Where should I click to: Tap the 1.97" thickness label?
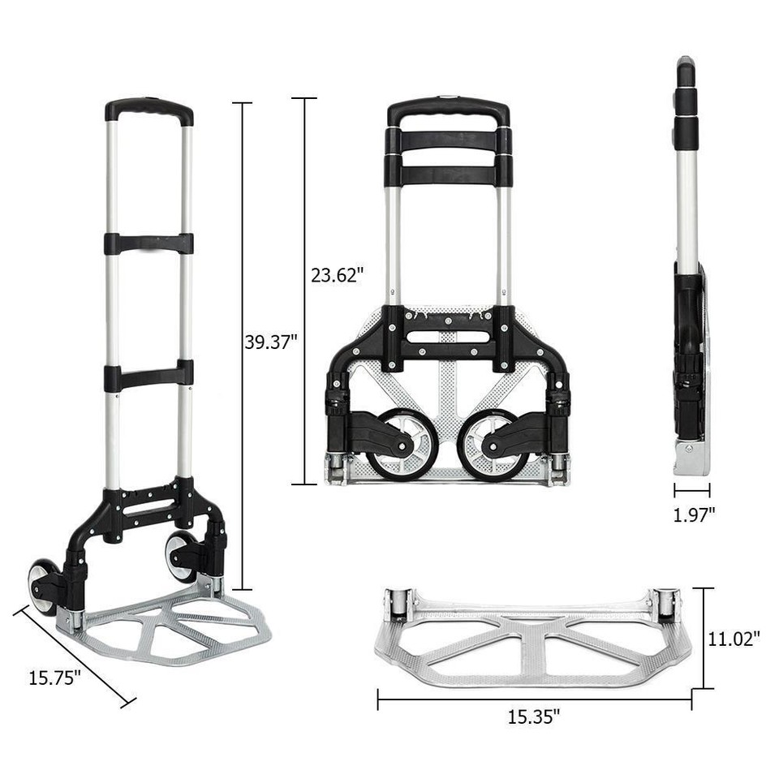coord(694,514)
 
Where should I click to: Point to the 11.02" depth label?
coord(734,639)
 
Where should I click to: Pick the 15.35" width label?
coord(534,717)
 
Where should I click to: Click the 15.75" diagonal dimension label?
coord(55,678)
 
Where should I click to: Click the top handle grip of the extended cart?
coord(149,109)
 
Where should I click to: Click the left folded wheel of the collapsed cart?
coord(402,445)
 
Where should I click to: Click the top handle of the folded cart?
coord(448,110)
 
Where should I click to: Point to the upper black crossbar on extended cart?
coord(148,243)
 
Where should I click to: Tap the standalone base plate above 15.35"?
coord(532,641)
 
